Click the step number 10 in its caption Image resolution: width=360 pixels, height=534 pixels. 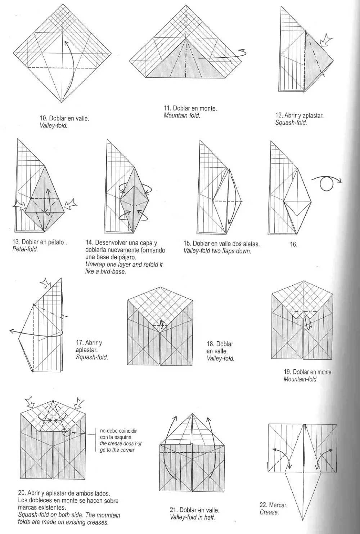pyautogui.click(x=43, y=118)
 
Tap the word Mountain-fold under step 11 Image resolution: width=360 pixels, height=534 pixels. pyautogui.click(x=181, y=116)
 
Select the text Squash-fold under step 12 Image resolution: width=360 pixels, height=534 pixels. pyautogui.click(x=291, y=123)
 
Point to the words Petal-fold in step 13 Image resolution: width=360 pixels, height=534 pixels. pyautogui.click(x=25, y=249)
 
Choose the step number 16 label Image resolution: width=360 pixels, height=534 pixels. pyautogui.click(x=294, y=244)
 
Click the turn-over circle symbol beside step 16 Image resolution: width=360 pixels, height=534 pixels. pyautogui.click(x=327, y=184)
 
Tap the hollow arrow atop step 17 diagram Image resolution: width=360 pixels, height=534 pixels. pyautogui.click(x=46, y=283)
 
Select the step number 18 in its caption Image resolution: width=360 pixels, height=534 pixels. pyautogui.click(x=210, y=344)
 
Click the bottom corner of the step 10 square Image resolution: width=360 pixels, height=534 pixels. pyautogui.click(x=62, y=103)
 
